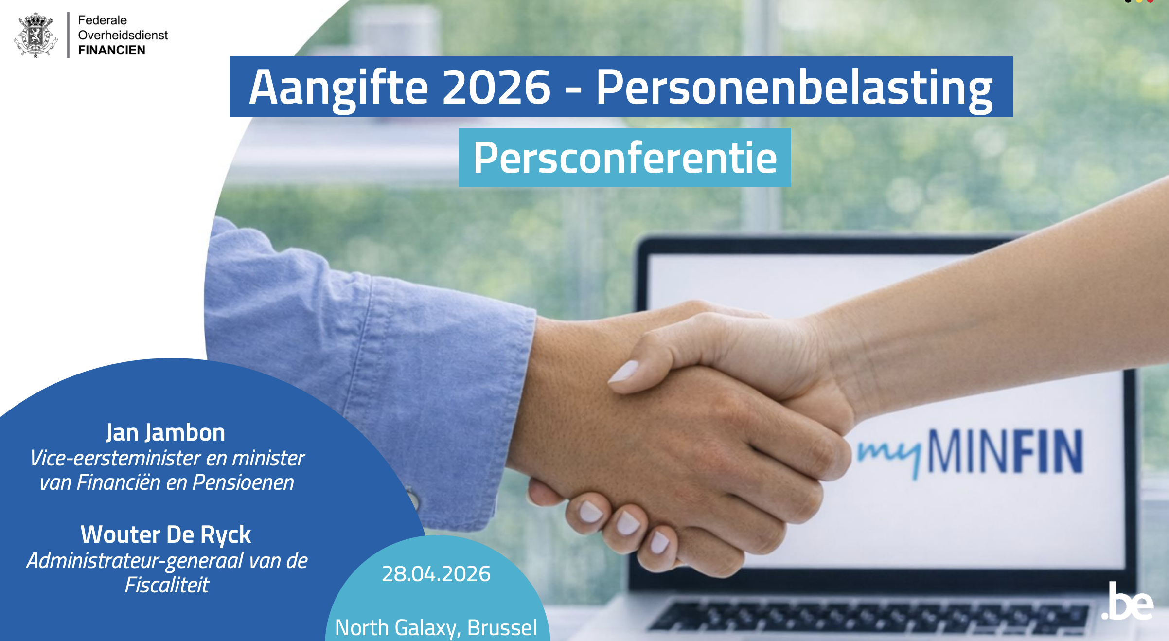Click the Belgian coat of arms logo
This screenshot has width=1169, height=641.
click(35, 35)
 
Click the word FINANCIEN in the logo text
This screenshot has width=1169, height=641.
click(111, 50)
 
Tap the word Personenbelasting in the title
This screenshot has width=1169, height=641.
click(794, 88)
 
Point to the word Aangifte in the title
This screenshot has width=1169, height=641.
click(338, 88)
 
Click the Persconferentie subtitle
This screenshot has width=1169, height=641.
click(625, 158)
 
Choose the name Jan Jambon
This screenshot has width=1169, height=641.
click(165, 433)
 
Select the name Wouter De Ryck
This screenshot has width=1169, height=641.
click(165, 535)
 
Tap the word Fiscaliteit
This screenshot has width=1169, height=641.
click(167, 585)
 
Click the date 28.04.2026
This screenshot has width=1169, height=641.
click(436, 574)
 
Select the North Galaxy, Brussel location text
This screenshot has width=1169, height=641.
click(436, 627)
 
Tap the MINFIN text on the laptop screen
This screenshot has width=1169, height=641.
click(1006, 451)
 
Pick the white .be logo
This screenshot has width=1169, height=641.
click(1127, 601)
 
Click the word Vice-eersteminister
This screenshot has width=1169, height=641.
click(115, 458)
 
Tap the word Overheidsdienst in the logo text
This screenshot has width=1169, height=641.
click(123, 35)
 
